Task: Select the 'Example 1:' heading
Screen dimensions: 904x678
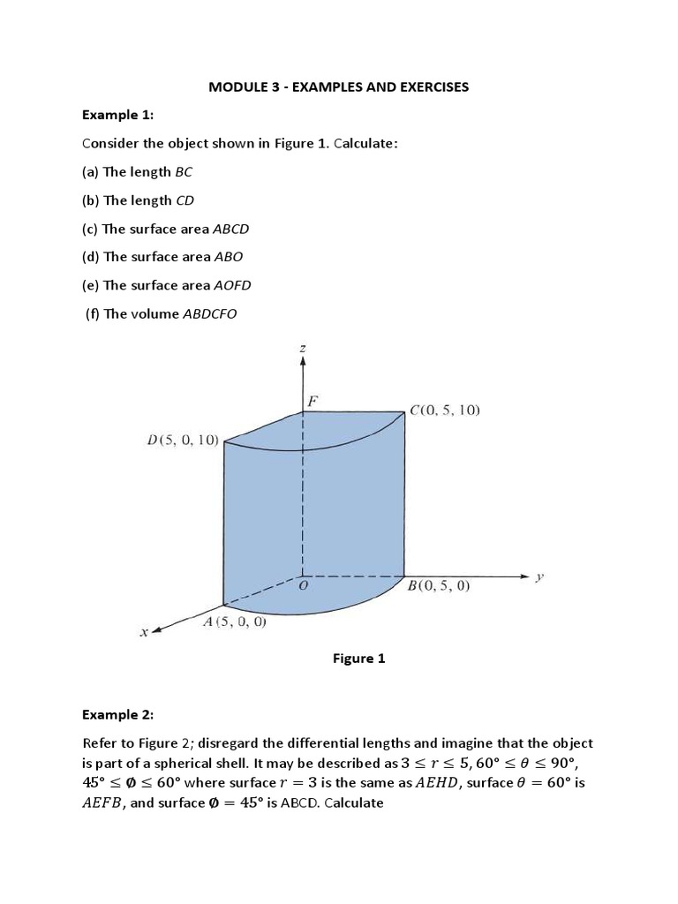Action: [x=117, y=115]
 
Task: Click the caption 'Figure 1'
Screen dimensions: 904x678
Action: [x=358, y=659]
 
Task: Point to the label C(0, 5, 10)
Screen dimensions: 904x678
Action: [x=444, y=411]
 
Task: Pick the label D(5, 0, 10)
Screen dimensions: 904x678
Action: [x=183, y=441]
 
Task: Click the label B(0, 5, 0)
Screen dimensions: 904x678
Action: [x=439, y=584]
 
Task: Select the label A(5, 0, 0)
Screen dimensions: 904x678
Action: [x=235, y=621]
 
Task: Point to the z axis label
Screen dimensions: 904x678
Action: [x=303, y=350]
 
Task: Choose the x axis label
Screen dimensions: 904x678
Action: [x=143, y=632]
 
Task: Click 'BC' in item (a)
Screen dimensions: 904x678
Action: [x=185, y=172]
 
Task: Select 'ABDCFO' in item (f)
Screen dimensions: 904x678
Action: [x=210, y=313]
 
